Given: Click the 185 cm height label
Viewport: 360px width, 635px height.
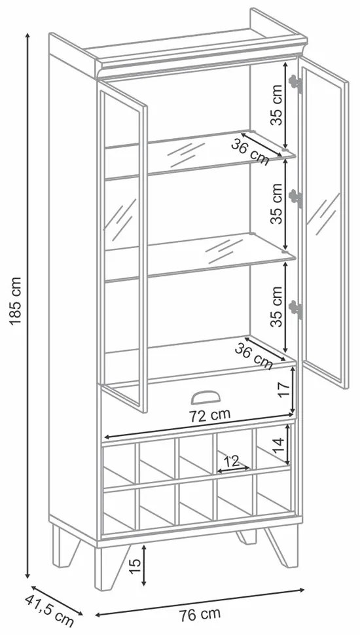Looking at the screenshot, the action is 14,301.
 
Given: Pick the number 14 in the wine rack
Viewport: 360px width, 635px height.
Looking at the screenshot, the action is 278,444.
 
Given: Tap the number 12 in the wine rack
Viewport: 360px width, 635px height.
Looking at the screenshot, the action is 232,461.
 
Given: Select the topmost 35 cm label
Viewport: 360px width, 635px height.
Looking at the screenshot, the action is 277,105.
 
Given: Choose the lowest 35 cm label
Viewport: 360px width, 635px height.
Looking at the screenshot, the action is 277,306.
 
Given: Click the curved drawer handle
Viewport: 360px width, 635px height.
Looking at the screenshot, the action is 206,397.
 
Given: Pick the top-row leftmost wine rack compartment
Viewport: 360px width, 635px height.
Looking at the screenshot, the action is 119,465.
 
